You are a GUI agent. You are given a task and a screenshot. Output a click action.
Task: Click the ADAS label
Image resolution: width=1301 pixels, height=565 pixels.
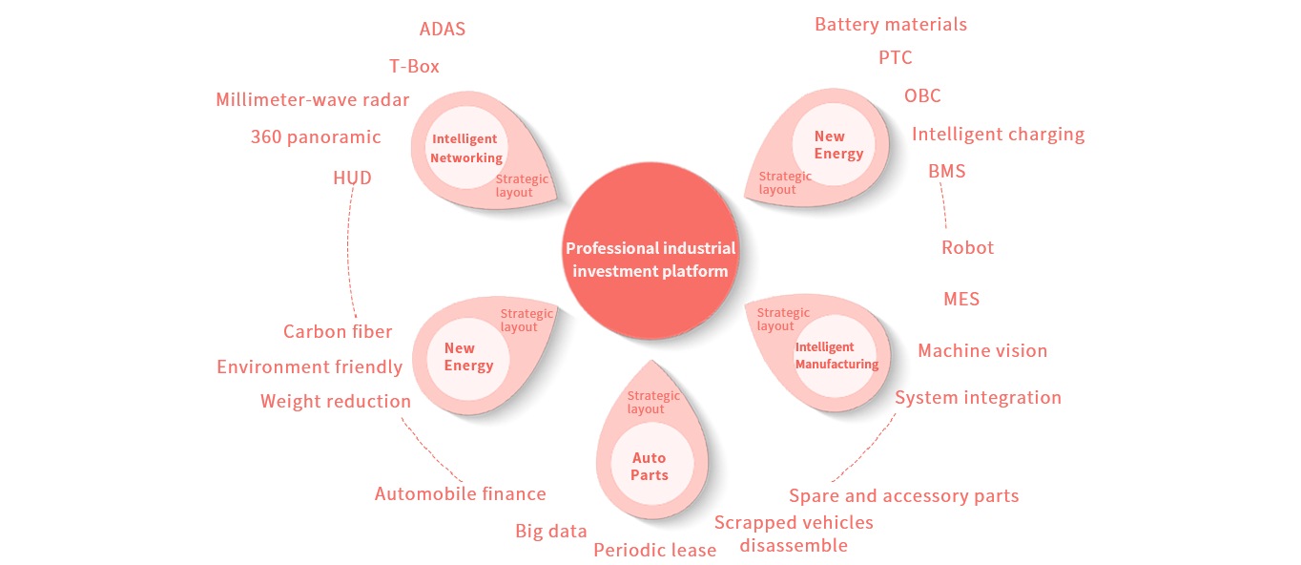pyautogui.click(x=443, y=30)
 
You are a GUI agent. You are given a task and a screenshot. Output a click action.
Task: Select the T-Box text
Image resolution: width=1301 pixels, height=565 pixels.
pyautogui.click(x=415, y=67)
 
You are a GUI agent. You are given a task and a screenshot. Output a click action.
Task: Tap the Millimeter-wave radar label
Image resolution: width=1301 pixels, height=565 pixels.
pyautogui.click(x=312, y=100)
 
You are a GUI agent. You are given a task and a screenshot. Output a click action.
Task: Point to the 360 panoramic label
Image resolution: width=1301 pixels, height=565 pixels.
pyautogui.click(x=316, y=137)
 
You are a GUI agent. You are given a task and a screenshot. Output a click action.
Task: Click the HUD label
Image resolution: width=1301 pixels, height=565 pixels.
pyautogui.click(x=352, y=178)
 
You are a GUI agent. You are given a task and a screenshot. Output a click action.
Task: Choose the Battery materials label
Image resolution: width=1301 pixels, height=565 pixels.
pyautogui.click(x=891, y=25)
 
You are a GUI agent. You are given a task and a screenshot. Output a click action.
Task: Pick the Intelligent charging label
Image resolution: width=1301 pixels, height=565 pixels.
pyautogui.click(x=999, y=135)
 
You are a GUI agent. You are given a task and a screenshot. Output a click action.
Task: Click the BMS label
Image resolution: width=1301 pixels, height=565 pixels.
pyautogui.click(x=947, y=172)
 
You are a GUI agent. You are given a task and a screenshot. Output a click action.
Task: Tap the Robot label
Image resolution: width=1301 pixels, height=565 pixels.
pyautogui.click(x=968, y=248)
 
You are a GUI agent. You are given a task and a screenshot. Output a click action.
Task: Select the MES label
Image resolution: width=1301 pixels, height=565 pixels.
pyautogui.click(x=961, y=299)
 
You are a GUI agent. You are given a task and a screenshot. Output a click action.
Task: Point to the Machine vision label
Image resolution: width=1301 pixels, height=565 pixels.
pyautogui.click(x=982, y=351)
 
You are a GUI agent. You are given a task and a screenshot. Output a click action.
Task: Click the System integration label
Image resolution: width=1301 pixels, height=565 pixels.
pyautogui.click(x=979, y=398)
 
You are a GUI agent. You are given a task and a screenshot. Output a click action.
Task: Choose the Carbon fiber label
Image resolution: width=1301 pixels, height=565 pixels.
pyautogui.click(x=338, y=332)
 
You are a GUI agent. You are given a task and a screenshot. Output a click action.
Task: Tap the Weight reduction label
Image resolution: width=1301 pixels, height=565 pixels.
pyautogui.click(x=336, y=402)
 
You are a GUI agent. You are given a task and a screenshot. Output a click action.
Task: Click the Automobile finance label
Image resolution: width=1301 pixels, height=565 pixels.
pyautogui.click(x=461, y=494)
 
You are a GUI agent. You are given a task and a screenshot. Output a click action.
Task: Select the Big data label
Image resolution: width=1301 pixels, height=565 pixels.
pyautogui.click(x=551, y=532)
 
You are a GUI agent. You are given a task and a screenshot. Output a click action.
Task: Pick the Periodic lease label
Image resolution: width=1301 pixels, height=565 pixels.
pyautogui.click(x=655, y=551)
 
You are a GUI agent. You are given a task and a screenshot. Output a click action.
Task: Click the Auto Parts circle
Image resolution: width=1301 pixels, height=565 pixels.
pyautogui.click(x=650, y=467)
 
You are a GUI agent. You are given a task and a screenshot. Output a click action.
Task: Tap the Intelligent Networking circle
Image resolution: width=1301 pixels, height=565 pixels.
pyautogui.click(x=465, y=149)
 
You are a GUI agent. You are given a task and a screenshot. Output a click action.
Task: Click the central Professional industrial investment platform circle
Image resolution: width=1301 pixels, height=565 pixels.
pyautogui.click(x=651, y=260)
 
